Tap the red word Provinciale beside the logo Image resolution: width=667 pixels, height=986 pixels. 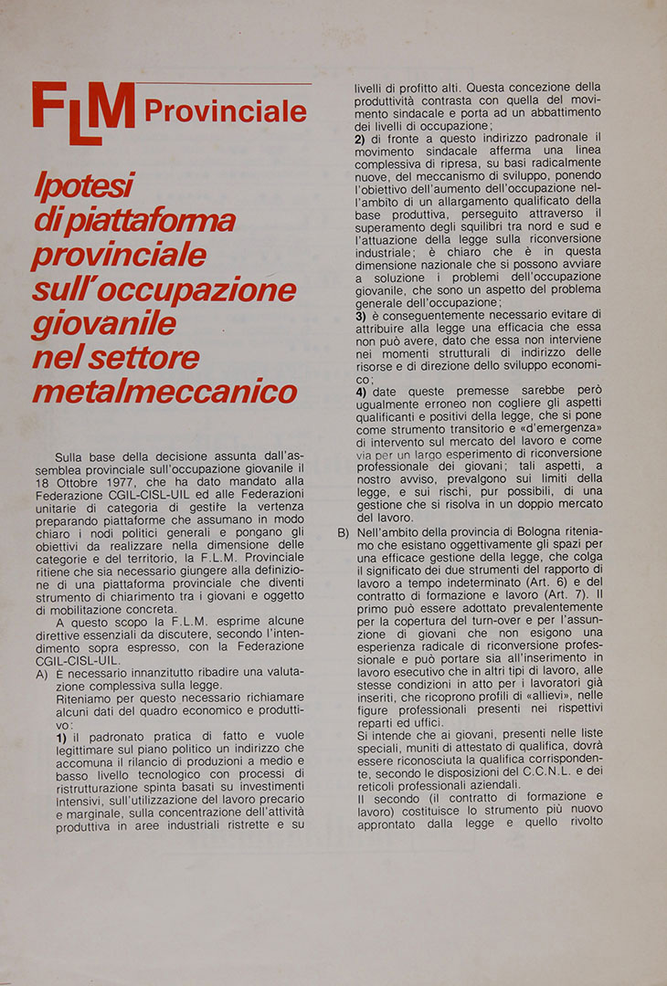[225, 111]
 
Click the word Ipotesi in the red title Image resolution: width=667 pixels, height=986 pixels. [83, 186]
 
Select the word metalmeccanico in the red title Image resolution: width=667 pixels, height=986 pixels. [164, 391]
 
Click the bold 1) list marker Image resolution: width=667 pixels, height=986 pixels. [61, 736]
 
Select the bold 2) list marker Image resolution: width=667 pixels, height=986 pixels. [360, 138]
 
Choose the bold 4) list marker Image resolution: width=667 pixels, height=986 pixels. [360, 392]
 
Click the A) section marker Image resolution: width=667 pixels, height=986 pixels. [42, 673]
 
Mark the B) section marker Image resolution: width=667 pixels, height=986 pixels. [343, 532]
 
